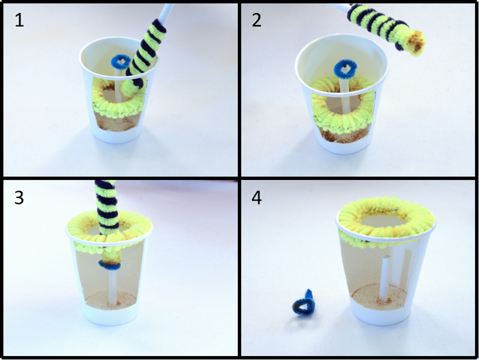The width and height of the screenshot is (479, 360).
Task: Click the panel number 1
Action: click(19, 21)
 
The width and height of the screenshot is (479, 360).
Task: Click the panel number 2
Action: click(257, 21)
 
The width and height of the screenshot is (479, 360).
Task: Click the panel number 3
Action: click(19, 198)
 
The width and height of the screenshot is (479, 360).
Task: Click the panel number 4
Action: click(257, 198)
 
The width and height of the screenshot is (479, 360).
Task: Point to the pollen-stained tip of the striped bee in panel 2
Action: click(416, 42)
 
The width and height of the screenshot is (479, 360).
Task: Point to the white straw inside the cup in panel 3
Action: click(113, 287)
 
